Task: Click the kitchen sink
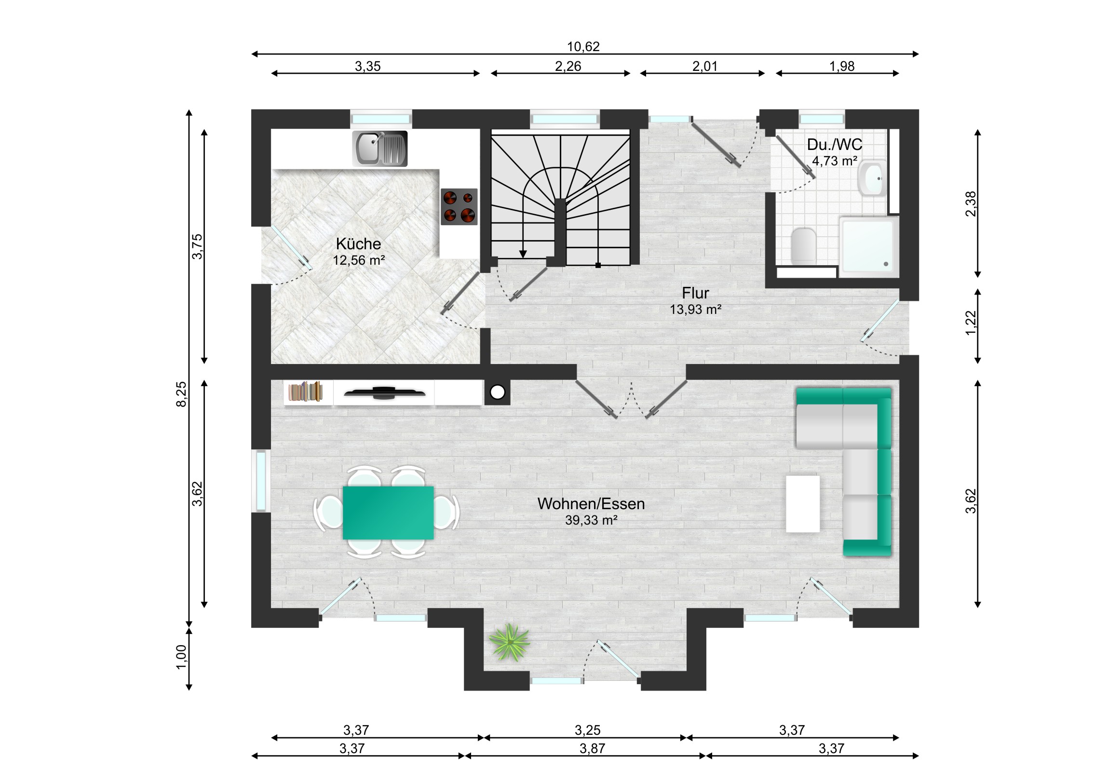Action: pos(379,149)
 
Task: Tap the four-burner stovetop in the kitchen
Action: pos(459,207)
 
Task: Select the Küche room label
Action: pos(358,243)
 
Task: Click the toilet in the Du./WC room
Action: pos(804,245)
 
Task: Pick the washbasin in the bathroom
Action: pos(872,178)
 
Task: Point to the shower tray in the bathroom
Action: pos(869,247)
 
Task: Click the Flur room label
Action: pos(696,293)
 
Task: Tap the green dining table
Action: pos(388,513)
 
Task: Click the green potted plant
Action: pos(509,642)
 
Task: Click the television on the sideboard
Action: pos(385,393)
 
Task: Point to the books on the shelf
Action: pos(306,392)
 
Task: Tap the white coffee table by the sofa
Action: pos(803,504)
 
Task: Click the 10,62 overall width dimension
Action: pos(583,46)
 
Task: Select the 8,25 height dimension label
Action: pos(181,394)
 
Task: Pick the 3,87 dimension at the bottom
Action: pos(592,748)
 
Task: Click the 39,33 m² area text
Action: pos(591,520)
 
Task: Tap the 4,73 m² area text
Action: pos(835,161)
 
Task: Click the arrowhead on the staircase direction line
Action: pos(523,254)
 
